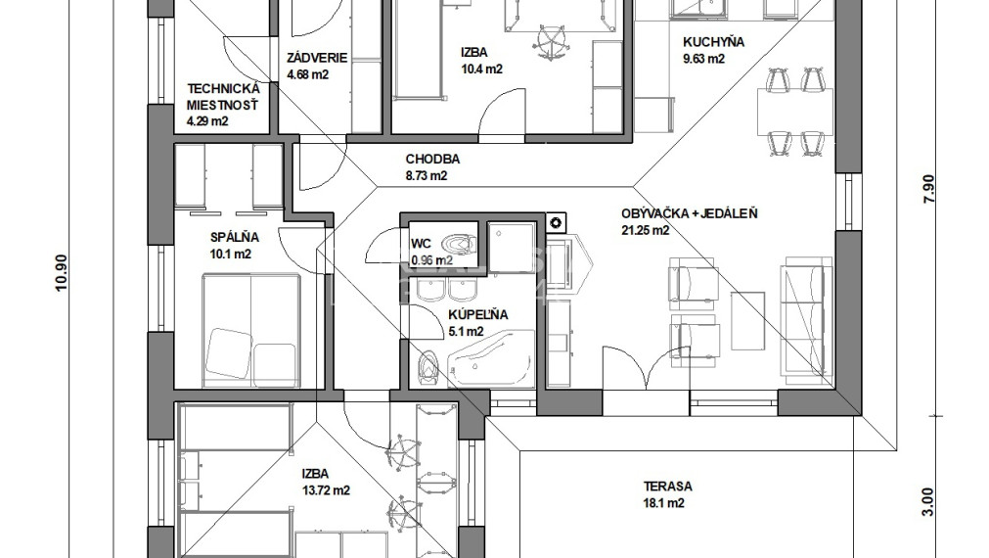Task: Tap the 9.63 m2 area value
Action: (x=704, y=59)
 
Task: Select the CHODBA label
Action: (x=432, y=159)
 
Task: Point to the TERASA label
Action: (x=667, y=486)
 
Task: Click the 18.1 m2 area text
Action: (x=663, y=503)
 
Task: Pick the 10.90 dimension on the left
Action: (x=61, y=273)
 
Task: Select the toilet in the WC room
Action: (x=459, y=244)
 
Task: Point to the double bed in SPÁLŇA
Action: (x=250, y=329)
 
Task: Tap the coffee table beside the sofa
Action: (x=748, y=320)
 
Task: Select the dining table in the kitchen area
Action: (x=793, y=111)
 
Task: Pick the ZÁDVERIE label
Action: (x=317, y=58)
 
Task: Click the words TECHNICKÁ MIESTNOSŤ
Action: (x=223, y=97)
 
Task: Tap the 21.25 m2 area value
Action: (x=646, y=230)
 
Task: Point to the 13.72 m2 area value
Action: (x=326, y=489)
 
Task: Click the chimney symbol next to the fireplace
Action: (x=557, y=222)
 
